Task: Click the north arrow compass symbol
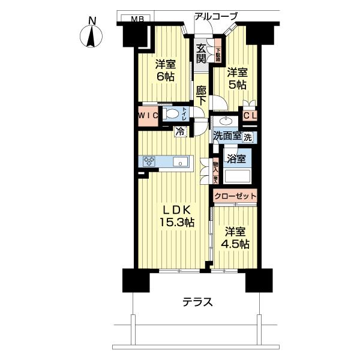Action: (x=92, y=35)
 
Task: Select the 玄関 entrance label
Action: (x=201, y=53)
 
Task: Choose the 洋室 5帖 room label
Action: (x=236, y=79)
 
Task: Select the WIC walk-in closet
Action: (x=148, y=114)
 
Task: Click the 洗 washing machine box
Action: (x=248, y=137)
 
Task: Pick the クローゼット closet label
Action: (x=235, y=196)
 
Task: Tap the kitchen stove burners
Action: (x=148, y=161)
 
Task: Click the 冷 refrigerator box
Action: (x=179, y=131)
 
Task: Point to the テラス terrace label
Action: (x=197, y=302)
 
